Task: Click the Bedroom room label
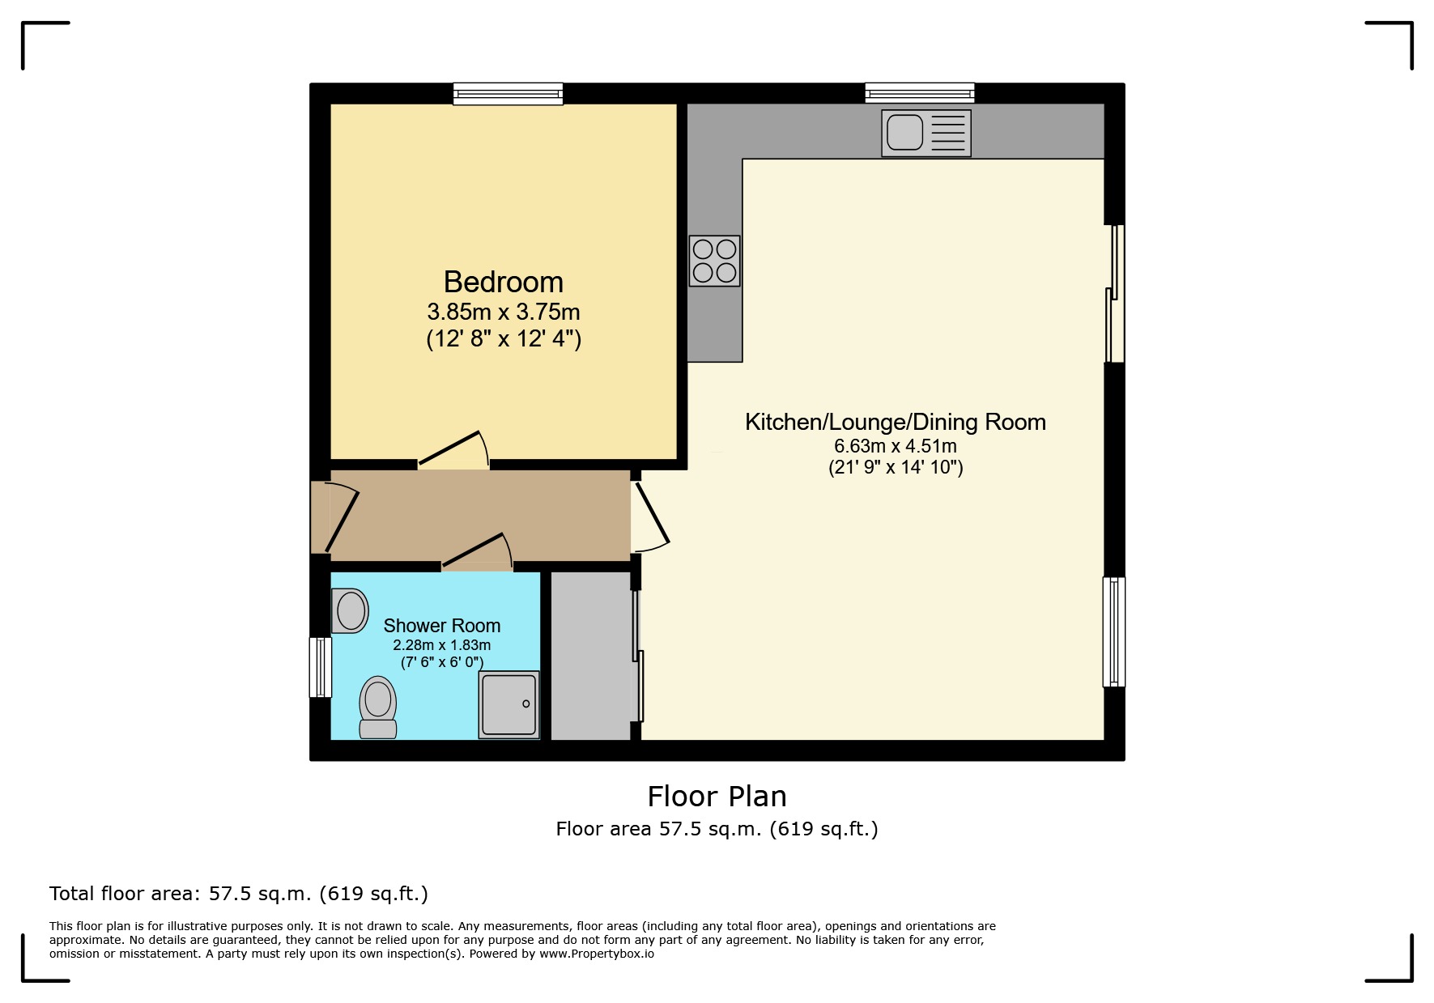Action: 503,282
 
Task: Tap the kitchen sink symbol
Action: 926,133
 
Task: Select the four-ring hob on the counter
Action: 714,261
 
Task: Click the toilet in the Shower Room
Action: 377,708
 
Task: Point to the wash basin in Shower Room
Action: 350,610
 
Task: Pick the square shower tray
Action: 508,703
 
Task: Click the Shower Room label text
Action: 441,626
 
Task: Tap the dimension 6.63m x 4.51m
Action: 895,446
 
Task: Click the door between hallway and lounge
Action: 651,515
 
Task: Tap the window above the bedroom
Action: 508,93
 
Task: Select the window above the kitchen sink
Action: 919,93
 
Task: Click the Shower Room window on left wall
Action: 321,667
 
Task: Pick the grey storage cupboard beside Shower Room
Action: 591,655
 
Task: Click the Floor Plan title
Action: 717,797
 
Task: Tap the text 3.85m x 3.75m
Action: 503,312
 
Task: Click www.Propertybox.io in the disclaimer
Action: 597,954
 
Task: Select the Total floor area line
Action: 238,894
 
